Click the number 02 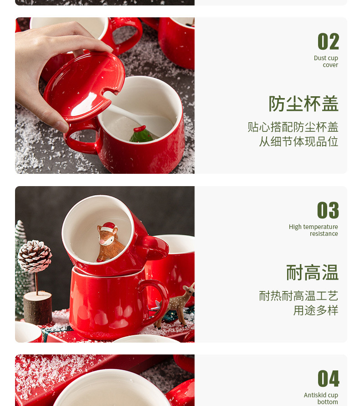point(328,41)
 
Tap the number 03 point(328,210)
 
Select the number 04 point(328,378)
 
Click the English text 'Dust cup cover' point(326,62)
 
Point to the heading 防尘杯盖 point(303,104)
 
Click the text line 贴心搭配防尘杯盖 point(293,127)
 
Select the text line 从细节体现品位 point(298,141)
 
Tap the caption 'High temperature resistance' point(314,230)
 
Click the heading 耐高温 point(312,272)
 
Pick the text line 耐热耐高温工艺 point(298,296)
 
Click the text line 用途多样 point(315,311)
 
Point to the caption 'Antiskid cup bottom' point(321,399)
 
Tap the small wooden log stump point(38,307)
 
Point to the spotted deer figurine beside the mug point(176,306)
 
